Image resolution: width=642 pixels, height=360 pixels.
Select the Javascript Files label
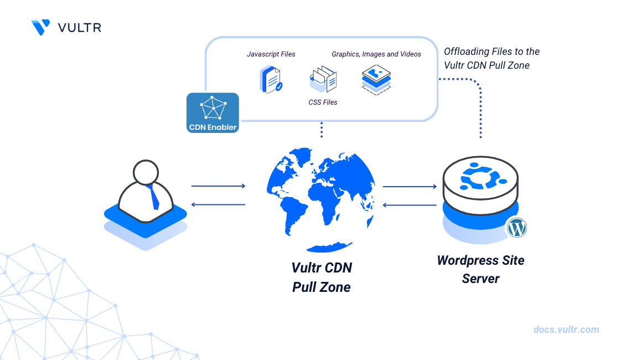(271, 54)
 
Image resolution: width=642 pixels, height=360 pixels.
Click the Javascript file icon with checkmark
(271, 79)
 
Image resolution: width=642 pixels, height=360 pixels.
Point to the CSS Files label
(323, 102)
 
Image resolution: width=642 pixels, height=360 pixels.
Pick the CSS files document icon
(323, 79)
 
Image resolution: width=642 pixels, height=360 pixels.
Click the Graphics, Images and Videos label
(376, 54)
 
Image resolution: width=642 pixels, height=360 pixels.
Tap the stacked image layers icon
(376, 79)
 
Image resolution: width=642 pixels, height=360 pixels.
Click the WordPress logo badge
(516, 227)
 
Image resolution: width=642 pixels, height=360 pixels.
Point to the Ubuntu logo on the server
(480, 178)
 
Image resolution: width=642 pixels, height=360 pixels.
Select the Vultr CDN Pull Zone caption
(322, 277)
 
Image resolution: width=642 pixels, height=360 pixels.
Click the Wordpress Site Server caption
(480, 269)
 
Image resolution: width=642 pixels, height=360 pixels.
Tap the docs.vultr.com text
(566, 330)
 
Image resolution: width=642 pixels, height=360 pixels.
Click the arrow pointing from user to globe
(218, 186)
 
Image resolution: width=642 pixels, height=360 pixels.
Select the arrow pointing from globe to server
(410, 187)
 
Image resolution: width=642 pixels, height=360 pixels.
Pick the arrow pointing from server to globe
(410, 205)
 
